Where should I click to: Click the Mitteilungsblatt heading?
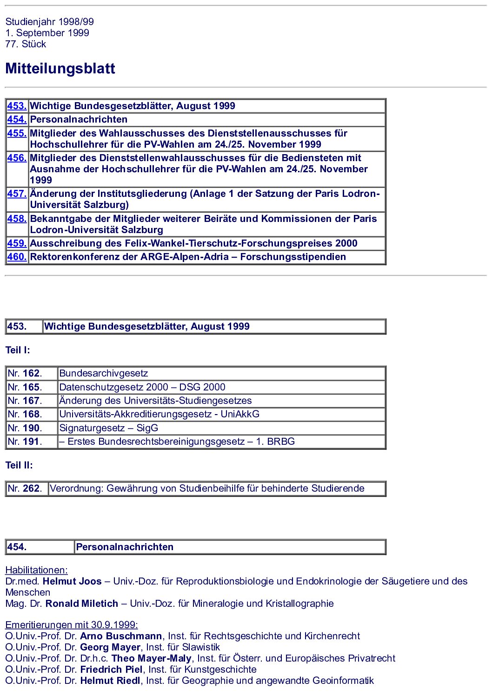click(x=60, y=69)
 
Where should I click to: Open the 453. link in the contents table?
click(x=17, y=106)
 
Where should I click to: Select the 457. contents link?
click(x=17, y=194)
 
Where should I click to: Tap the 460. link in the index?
click(x=17, y=257)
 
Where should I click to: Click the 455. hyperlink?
click(x=17, y=133)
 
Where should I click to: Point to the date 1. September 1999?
click(x=47, y=33)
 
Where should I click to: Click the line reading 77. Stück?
click(x=26, y=44)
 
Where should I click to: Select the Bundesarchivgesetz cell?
click(x=104, y=373)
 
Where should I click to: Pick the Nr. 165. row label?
click(x=25, y=387)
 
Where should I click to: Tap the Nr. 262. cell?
click(x=25, y=488)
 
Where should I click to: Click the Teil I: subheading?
click(x=18, y=350)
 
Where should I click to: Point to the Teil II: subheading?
click(x=19, y=465)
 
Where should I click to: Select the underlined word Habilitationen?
click(x=36, y=570)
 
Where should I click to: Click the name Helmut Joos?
click(x=72, y=581)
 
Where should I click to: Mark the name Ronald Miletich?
click(x=82, y=604)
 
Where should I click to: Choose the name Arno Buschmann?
click(x=121, y=636)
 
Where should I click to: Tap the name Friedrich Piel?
click(x=111, y=669)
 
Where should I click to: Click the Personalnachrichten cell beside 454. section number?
click(x=125, y=547)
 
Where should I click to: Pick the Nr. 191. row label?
click(x=25, y=442)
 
